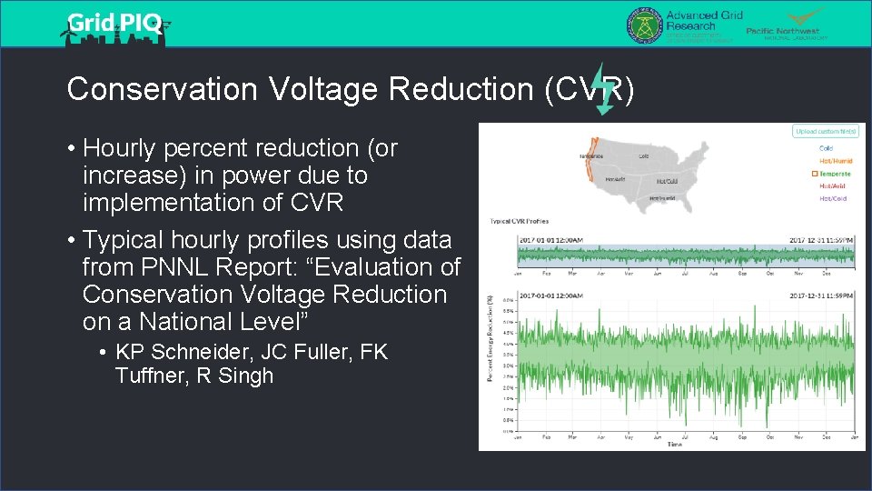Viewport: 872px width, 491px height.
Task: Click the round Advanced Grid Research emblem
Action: [x=644, y=25]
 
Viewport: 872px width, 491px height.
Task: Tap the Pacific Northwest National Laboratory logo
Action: [x=787, y=25]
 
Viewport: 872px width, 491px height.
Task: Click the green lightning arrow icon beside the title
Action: [x=603, y=90]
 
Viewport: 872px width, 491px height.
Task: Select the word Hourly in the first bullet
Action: [x=124, y=147]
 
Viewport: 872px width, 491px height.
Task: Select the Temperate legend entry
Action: [x=835, y=174]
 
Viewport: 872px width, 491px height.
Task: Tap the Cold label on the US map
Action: [x=643, y=155]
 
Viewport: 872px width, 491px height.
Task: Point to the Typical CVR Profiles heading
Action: [x=519, y=221]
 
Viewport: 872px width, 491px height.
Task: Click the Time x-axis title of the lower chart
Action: [x=674, y=445]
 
